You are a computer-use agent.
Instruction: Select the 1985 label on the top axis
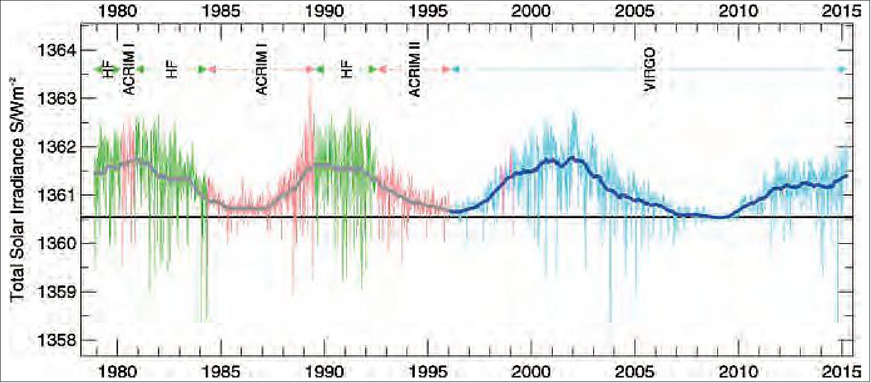click(x=221, y=11)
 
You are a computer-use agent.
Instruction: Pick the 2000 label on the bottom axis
click(x=531, y=371)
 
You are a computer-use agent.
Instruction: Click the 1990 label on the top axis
click(x=324, y=11)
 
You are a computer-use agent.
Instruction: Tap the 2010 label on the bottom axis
click(x=738, y=371)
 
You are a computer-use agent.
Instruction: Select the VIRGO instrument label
click(x=649, y=69)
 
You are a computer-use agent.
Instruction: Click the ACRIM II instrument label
click(x=415, y=69)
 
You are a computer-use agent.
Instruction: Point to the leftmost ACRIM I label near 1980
click(x=129, y=69)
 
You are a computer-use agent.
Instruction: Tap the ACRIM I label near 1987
click(x=262, y=69)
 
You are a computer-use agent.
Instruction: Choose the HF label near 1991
click(x=347, y=69)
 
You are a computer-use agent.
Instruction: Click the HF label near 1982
click(x=172, y=69)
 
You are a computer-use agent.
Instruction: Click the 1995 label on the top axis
click(x=428, y=11)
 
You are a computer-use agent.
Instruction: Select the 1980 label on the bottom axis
click(x=118, y=371)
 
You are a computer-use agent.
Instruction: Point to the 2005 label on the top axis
click(x=634, y=11)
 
